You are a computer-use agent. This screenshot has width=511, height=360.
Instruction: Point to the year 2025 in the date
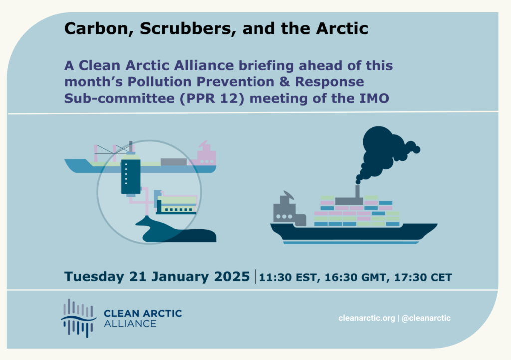[x=232, y=276]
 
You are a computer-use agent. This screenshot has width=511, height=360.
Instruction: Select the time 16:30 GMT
[x=355, y=277]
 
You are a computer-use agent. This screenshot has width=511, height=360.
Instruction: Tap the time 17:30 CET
[x=423, y=277]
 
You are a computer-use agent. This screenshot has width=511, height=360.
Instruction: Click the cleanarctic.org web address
[x=367, y=318]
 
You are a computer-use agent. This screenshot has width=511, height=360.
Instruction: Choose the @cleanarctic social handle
[x=426, y=318]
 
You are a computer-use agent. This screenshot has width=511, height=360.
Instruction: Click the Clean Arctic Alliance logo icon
[x=78, y=318]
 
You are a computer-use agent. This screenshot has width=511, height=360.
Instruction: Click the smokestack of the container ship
[x=357, y=192]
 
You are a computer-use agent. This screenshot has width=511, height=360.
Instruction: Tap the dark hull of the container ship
[x=354, y=232]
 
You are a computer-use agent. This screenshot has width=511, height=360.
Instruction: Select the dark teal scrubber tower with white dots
[x=131, y=176]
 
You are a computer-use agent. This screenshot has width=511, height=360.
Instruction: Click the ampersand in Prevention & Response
[x=284, y=82]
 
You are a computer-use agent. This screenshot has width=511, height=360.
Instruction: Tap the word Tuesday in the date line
[x=94, y=277]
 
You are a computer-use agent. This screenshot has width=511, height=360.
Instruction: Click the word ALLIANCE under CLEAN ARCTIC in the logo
[x=130, y=324]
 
